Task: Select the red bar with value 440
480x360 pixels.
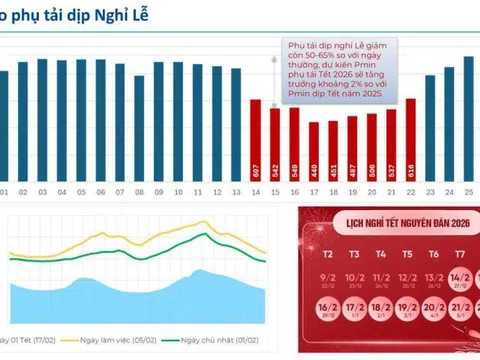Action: (x=314, y=149)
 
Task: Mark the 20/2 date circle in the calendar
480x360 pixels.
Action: (x=434, y=311)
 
